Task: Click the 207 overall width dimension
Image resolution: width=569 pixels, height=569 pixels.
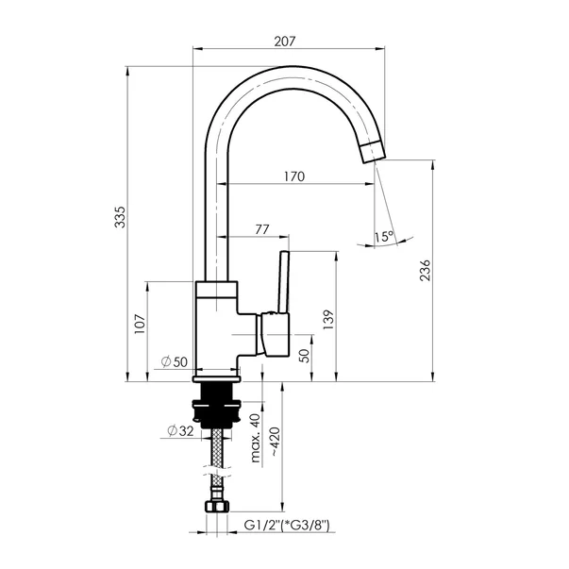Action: (285, 42)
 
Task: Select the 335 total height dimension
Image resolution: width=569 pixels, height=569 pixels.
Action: (120, 217)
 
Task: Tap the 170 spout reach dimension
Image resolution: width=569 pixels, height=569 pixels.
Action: (294, 176)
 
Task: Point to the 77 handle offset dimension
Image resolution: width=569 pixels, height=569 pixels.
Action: (262, 229)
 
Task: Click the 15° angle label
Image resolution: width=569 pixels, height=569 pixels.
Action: (384, 237)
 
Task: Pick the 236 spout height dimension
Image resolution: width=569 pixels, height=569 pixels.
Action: (425, 270)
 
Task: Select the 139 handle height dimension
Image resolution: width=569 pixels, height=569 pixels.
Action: (328, 320)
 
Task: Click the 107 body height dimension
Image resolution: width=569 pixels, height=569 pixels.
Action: (140, 324)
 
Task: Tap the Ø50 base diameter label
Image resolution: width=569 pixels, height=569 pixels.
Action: (175, 361)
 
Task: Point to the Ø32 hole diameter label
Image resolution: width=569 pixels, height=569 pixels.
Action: (181, 430)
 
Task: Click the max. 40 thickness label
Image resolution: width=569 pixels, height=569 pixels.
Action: (256, 438)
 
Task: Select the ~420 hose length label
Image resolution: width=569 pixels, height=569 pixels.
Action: (275, 442)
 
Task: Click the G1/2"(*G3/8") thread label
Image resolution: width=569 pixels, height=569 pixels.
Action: (286, 525)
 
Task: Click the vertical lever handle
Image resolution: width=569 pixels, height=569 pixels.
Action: (284, 281)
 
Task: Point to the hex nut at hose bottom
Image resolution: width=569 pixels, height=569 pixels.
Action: (217, 506)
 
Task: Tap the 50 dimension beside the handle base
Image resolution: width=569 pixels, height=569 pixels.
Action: (305, 356)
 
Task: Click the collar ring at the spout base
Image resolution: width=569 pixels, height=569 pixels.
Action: (217, 289)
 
